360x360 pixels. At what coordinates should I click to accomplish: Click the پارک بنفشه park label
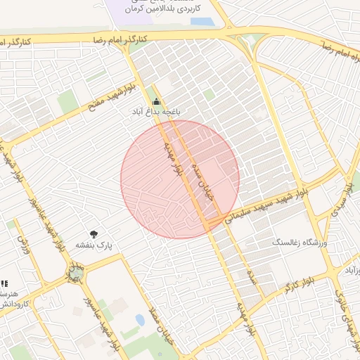tap(94, 245)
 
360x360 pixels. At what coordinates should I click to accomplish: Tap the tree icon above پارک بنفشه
tap(94, 234)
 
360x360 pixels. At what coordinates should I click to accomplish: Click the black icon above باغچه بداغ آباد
tap(156, 101)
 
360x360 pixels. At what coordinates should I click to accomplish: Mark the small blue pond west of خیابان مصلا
tap(129, 331)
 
